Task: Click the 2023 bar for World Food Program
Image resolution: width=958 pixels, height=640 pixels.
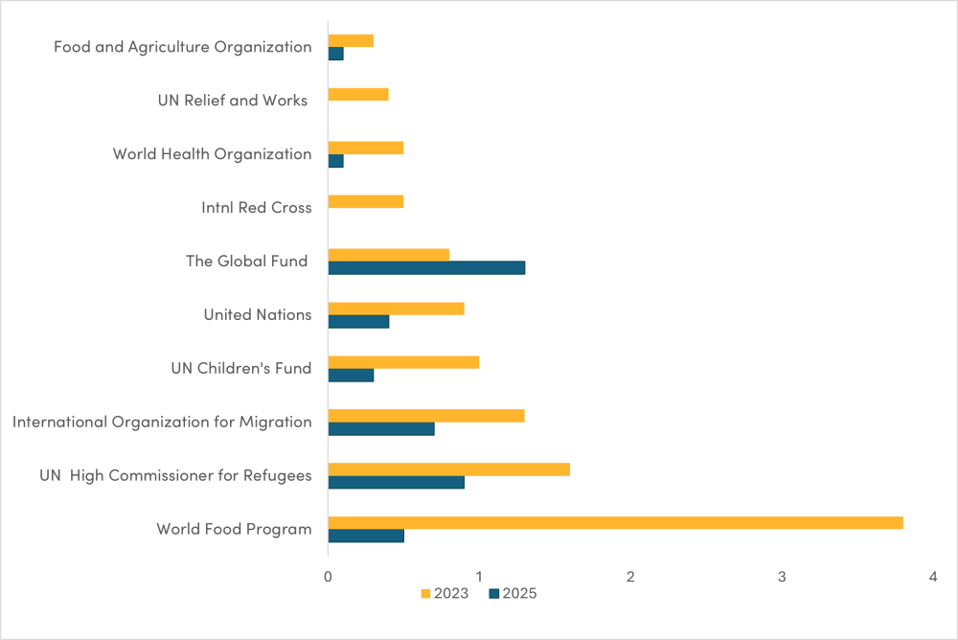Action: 615,522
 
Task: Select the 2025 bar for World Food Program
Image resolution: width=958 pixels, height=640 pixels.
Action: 366,536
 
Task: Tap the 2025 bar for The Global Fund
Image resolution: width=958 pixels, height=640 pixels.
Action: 426,267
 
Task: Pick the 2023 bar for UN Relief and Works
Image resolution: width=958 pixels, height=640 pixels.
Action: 357,94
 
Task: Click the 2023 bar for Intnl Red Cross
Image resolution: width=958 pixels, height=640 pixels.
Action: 365,201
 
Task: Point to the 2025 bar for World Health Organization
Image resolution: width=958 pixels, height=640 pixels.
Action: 335,161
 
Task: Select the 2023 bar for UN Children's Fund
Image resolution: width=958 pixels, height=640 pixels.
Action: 403,362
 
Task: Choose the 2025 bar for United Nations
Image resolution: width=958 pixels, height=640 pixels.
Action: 358,321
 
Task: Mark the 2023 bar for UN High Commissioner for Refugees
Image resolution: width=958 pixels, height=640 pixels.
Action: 448,469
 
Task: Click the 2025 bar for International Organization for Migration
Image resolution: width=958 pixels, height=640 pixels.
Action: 381,428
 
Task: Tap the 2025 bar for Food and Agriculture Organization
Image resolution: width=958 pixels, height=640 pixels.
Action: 335,54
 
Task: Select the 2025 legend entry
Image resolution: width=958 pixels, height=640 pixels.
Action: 513,593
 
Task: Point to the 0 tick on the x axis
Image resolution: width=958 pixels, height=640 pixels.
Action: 328,576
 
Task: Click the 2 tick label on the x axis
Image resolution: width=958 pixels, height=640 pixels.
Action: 630,576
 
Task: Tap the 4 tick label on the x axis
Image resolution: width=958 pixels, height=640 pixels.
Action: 932,576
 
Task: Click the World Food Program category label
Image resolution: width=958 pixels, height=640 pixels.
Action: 234,529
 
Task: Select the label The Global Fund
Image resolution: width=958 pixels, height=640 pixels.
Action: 247,261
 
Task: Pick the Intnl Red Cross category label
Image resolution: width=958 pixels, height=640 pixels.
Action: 256,207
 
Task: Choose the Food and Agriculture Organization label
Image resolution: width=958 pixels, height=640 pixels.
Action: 182,47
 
